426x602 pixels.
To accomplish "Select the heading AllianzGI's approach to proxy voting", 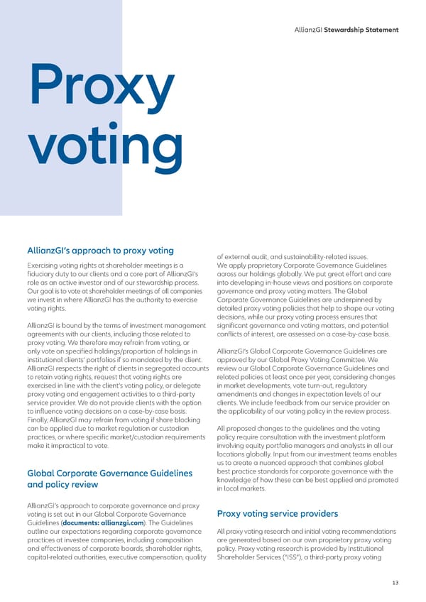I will [100, 250].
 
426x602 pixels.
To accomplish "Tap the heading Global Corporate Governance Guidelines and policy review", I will [109, 479].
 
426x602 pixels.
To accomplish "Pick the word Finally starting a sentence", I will [38, 420].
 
